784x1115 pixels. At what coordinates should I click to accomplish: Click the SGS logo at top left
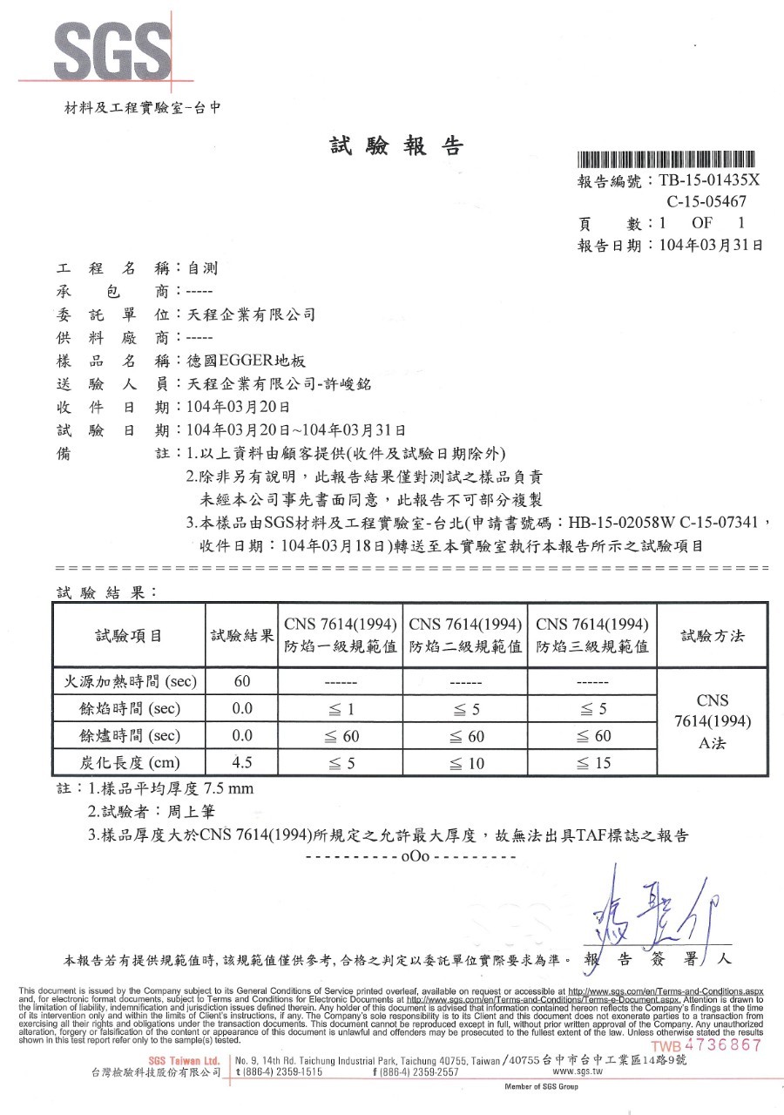coord(111,51)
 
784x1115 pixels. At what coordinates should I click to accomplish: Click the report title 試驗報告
coord(396,146)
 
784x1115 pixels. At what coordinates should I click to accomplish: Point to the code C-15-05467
coord(706,202)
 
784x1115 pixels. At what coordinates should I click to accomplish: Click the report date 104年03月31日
coord(711,246)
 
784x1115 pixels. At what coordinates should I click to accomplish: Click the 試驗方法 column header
coord(713,635)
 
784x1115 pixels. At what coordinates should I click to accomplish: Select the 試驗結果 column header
coord(242,636)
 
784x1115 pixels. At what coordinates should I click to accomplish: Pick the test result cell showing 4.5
coord(242,763)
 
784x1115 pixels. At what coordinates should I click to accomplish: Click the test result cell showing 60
coord(242,680)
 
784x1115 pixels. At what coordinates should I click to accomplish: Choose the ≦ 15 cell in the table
coord(592,763)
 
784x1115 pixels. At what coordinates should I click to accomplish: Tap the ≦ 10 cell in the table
coord(464,763)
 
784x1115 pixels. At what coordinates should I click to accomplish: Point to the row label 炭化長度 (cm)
coord(129,763)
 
